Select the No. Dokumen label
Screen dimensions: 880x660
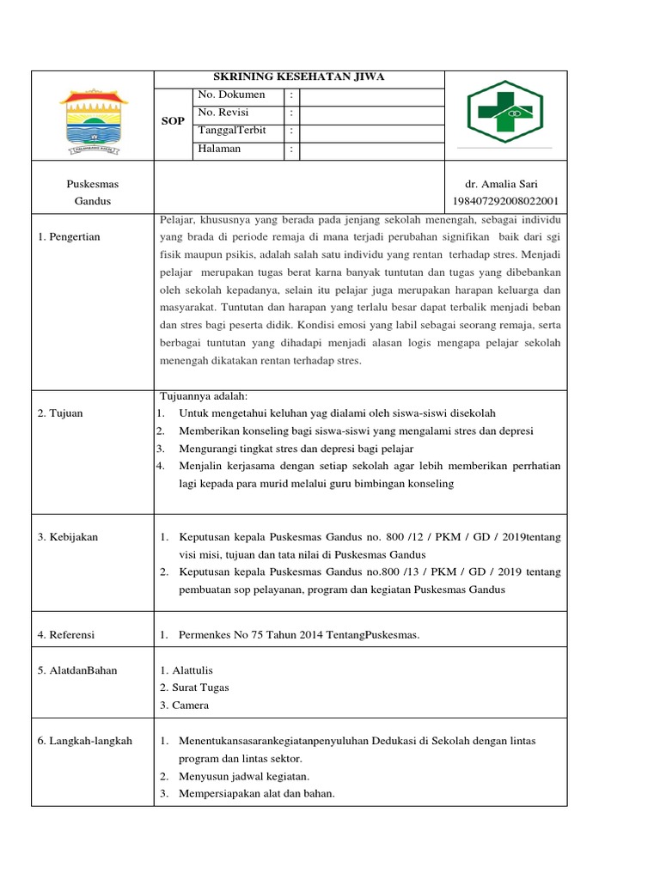pyautogui.click(x=231, y=95)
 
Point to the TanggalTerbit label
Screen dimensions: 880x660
pyautogui.click(x=232, y=131)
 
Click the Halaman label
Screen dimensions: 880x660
pyautogui.click(x=219, y=149)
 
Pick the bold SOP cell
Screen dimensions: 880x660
pyautogui.click(x=173, y=122)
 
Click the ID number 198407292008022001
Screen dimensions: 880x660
pyautogui.click(x=504, y=201)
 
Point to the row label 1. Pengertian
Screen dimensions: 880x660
pyautogui.click(x=69, y=237)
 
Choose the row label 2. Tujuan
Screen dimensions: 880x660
pyautogui.click(x=60, y=413)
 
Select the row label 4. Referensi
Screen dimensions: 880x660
pyautogui.click(x=66, y=635)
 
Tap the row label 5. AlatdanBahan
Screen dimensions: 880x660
pyautogui.click(x=77, y=670)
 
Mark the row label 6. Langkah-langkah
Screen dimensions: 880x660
pyautogui.click(x=84, y=741)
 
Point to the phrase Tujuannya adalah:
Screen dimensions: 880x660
pyautogui.click(x=204, y=396)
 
